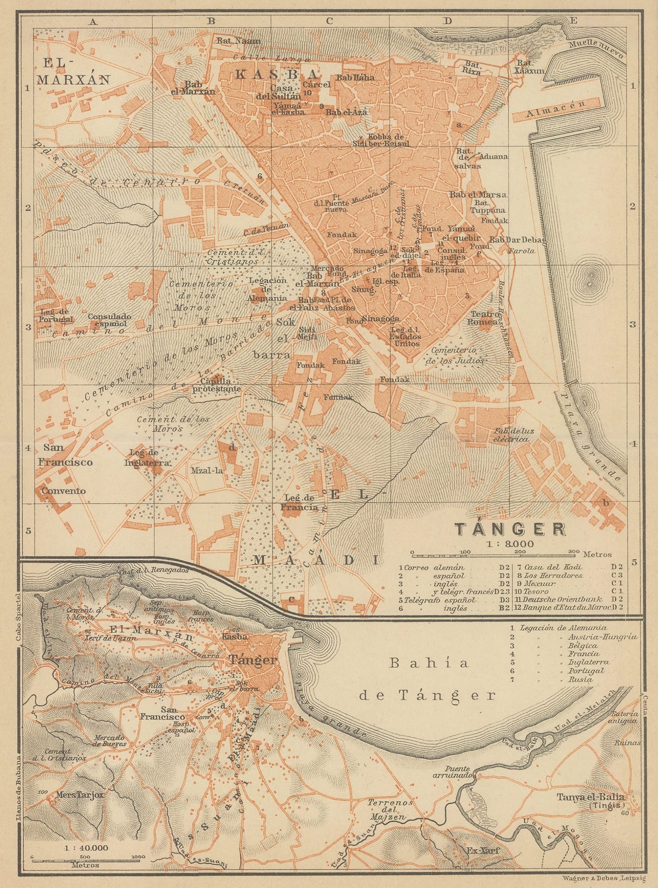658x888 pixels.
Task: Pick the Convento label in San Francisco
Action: point(64,491)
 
